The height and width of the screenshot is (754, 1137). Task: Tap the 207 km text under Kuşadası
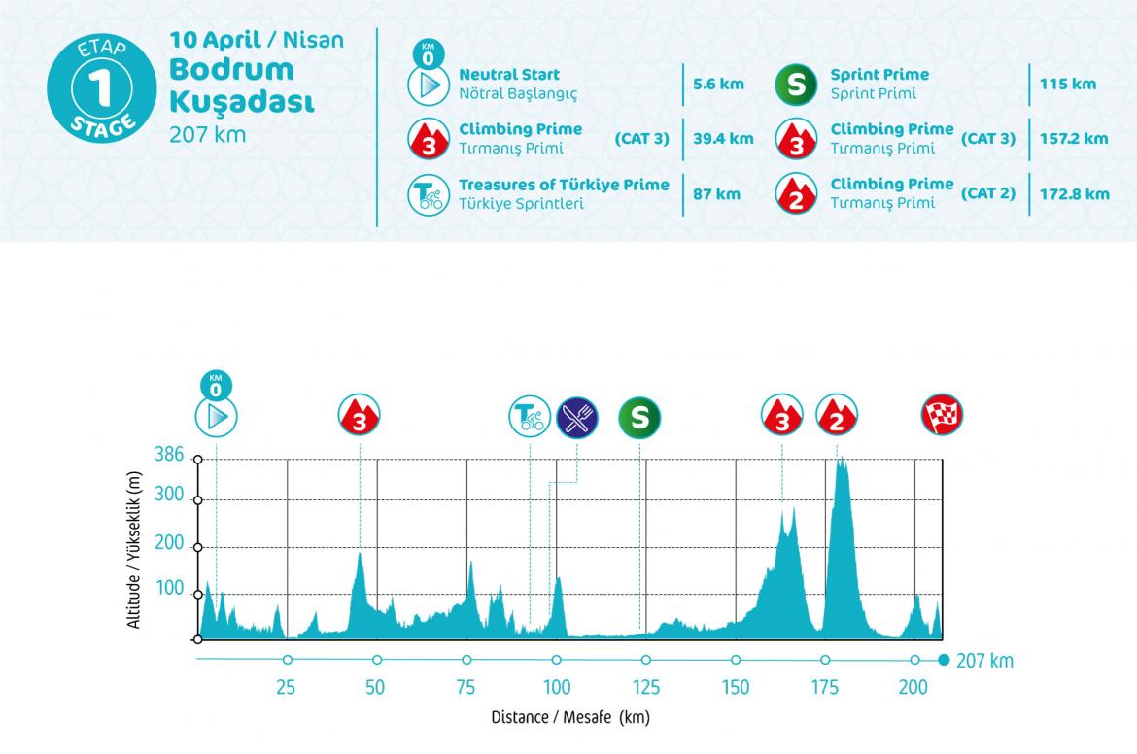tap(208, 134)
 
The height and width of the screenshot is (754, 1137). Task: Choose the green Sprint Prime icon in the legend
tap(795, 84)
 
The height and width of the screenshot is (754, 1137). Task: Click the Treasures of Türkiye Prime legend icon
tap(427, 193)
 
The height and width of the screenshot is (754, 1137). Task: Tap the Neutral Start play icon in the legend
tap(427, 85)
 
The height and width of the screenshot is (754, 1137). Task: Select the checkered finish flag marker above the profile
tap(942, 415)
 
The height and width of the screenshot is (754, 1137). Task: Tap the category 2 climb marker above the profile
tap(836, 417)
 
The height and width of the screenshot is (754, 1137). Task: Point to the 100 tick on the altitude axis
tap(169, 589)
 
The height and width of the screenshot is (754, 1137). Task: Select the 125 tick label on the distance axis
tap(645, 688)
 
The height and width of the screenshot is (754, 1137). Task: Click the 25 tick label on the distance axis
tap(286, 688)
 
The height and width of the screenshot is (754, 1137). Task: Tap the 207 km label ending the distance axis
tap(984, 662)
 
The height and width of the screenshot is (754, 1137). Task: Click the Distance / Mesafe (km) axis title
tap(569, 719)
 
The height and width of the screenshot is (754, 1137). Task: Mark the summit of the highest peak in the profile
tap(840, 460)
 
